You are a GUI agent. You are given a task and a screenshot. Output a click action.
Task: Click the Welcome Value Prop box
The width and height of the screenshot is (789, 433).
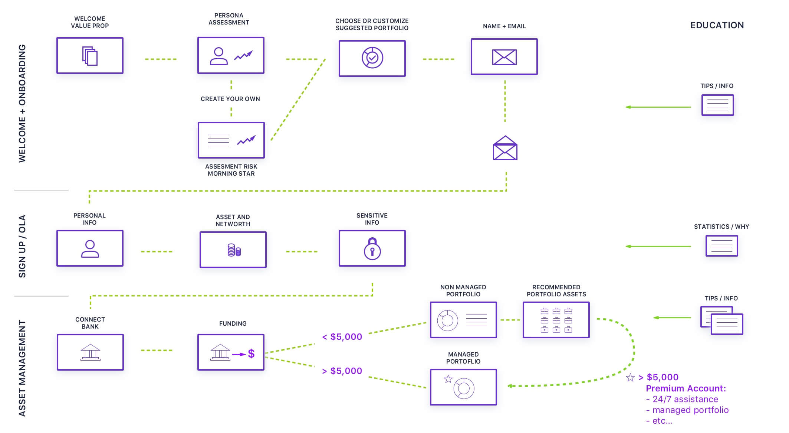pos(90,55)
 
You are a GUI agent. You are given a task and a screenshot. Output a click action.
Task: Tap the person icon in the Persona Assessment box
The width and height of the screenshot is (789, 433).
pos(219,56)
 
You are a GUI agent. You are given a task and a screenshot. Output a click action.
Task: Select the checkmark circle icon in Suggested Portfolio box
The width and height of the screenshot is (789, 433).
pos(372,58)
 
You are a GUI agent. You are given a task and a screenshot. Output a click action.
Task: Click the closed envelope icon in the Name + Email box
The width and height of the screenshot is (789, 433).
pos(504,57)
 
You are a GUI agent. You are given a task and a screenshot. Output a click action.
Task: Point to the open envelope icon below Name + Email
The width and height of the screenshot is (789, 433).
pos(505,148)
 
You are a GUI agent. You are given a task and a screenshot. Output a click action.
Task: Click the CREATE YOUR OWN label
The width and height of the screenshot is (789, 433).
pos(230,99)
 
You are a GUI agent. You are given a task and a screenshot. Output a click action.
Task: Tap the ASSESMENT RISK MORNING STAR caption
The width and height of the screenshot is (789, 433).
pos(231,170)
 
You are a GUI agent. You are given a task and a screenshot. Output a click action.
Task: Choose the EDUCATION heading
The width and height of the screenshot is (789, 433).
pos(717,25)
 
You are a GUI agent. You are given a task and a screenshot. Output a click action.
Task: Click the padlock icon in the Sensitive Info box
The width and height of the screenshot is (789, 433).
pos(372,249)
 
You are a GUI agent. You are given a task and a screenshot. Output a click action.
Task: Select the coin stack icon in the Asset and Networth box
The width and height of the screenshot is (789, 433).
pos(234,250)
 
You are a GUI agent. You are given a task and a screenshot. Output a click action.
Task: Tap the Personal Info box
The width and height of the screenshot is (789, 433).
pos(90,248)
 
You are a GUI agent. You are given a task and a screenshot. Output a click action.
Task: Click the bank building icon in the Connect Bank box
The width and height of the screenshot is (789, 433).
pos(90,352)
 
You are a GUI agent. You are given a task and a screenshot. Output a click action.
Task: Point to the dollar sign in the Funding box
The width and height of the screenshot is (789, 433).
pos(251,354)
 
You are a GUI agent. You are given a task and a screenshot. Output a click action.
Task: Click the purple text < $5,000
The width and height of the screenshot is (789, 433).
pos(342,337)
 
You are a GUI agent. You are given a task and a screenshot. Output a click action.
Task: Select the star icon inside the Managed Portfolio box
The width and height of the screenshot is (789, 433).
pos(448,379)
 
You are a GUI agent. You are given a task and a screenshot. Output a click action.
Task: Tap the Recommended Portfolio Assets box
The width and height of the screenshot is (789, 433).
pos(556,320)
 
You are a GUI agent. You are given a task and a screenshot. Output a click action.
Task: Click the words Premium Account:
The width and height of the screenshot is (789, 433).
pos(686,388)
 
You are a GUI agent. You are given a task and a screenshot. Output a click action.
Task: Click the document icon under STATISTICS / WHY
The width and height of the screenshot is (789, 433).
pos(721,246)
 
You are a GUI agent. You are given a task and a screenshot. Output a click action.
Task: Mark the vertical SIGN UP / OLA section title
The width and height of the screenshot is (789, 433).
pos(22,246)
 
